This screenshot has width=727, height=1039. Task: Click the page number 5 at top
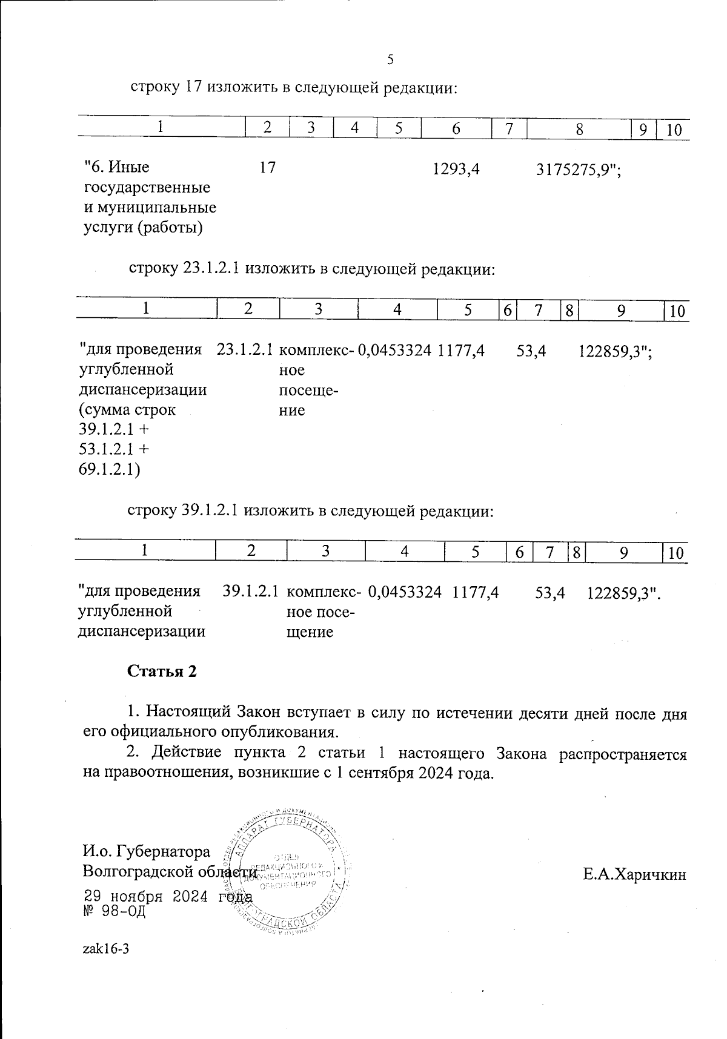[390, 59]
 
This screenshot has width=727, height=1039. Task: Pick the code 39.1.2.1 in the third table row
[251, 592]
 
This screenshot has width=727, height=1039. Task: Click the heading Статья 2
[162, 671]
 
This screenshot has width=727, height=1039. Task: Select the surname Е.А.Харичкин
[635, 874]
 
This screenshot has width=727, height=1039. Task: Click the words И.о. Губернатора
[146, 852]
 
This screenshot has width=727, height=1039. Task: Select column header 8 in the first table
[579, 129]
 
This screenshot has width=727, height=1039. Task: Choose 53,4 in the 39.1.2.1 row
[550, 592]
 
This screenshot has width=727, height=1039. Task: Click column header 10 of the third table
[676, 553]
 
